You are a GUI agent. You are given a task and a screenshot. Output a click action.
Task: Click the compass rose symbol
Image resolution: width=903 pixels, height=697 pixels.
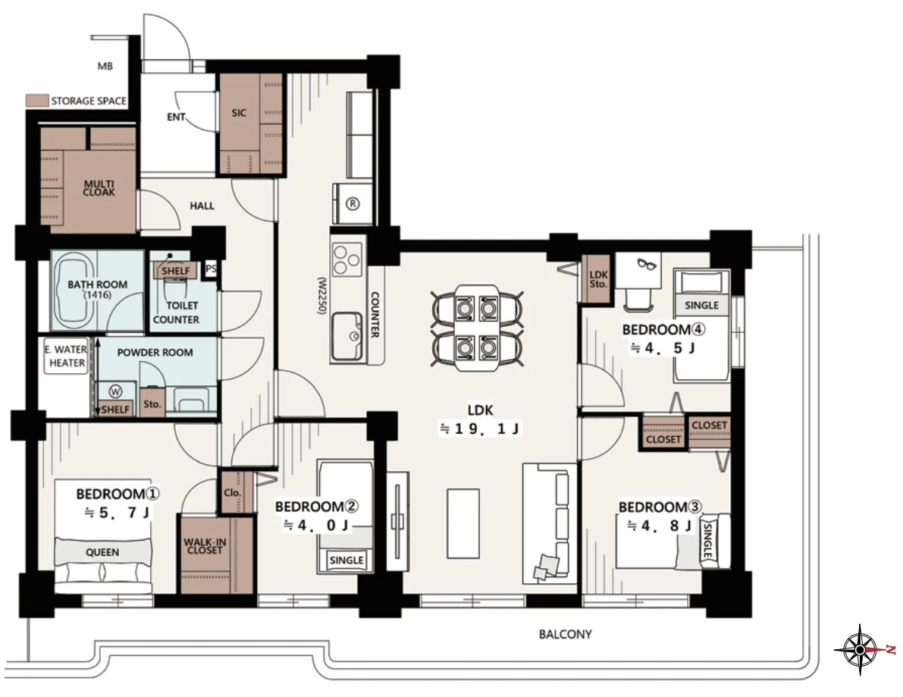859,649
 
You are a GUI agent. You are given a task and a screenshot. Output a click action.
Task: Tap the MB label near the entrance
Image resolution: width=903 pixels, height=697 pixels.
105,66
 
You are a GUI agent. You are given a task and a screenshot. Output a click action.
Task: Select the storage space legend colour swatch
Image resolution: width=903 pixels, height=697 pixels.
36,101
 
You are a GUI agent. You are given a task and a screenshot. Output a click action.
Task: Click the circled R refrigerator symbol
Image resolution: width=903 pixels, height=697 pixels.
353,203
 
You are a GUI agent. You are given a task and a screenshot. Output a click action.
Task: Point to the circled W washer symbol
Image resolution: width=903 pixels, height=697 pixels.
116,392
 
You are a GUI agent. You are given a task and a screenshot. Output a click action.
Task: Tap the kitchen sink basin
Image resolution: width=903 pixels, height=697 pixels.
346,337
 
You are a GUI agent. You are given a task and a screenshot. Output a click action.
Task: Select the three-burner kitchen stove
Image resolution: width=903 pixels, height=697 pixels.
348,260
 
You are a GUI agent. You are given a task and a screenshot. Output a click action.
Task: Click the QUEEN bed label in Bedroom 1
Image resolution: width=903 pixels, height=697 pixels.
102,552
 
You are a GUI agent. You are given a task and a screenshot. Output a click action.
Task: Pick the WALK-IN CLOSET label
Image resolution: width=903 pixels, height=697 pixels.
205,546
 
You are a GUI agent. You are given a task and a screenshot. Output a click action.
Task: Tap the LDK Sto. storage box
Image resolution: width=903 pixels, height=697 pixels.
598,279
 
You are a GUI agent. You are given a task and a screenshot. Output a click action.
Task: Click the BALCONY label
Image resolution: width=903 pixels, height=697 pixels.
565,634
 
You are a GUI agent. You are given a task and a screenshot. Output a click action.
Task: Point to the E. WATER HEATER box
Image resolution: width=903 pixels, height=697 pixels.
67,356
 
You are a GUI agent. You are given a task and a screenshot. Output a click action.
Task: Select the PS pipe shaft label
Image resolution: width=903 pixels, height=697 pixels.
212,269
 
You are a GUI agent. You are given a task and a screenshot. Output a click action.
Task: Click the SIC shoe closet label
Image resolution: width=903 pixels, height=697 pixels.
239,113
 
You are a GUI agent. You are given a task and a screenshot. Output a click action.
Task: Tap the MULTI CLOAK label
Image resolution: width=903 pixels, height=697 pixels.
99,188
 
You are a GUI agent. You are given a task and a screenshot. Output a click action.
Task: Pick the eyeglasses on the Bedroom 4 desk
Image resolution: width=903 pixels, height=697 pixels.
647,264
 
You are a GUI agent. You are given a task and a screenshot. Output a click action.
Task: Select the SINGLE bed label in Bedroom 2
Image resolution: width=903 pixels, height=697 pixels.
346,560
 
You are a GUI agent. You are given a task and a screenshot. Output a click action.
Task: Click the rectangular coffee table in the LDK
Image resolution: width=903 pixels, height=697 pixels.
463,523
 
